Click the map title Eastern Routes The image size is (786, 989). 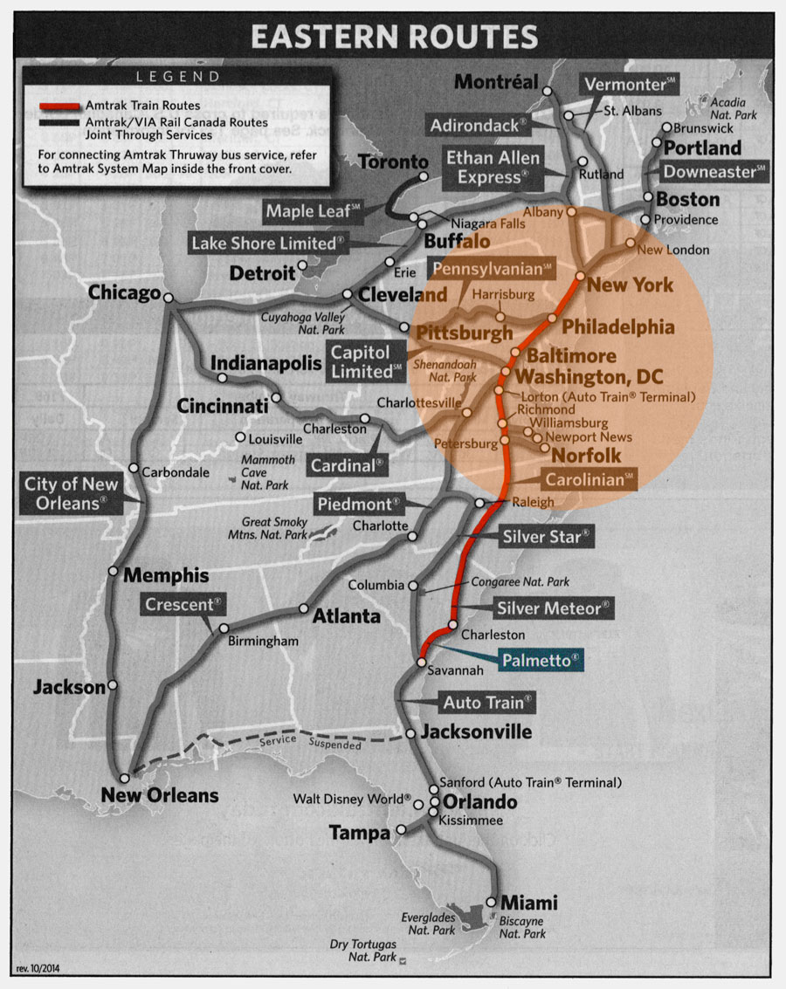(x=393, y=37)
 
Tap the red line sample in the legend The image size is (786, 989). (x=60, y=106)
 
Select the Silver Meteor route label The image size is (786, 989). (x=553, y=608)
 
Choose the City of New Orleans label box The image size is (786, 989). (x=65, y=493)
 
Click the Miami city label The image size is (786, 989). (x=528, y=903)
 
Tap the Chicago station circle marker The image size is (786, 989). (x=169, y=299)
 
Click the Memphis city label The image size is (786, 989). (x=166, y=575)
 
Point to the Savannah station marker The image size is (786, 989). (x=420, y=663)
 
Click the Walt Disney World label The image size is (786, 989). (x=351, y=799)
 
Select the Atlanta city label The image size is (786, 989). (x=347, y=616)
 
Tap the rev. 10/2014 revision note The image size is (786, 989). (x=39, y=969)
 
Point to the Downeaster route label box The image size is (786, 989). (x=714, y=172)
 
